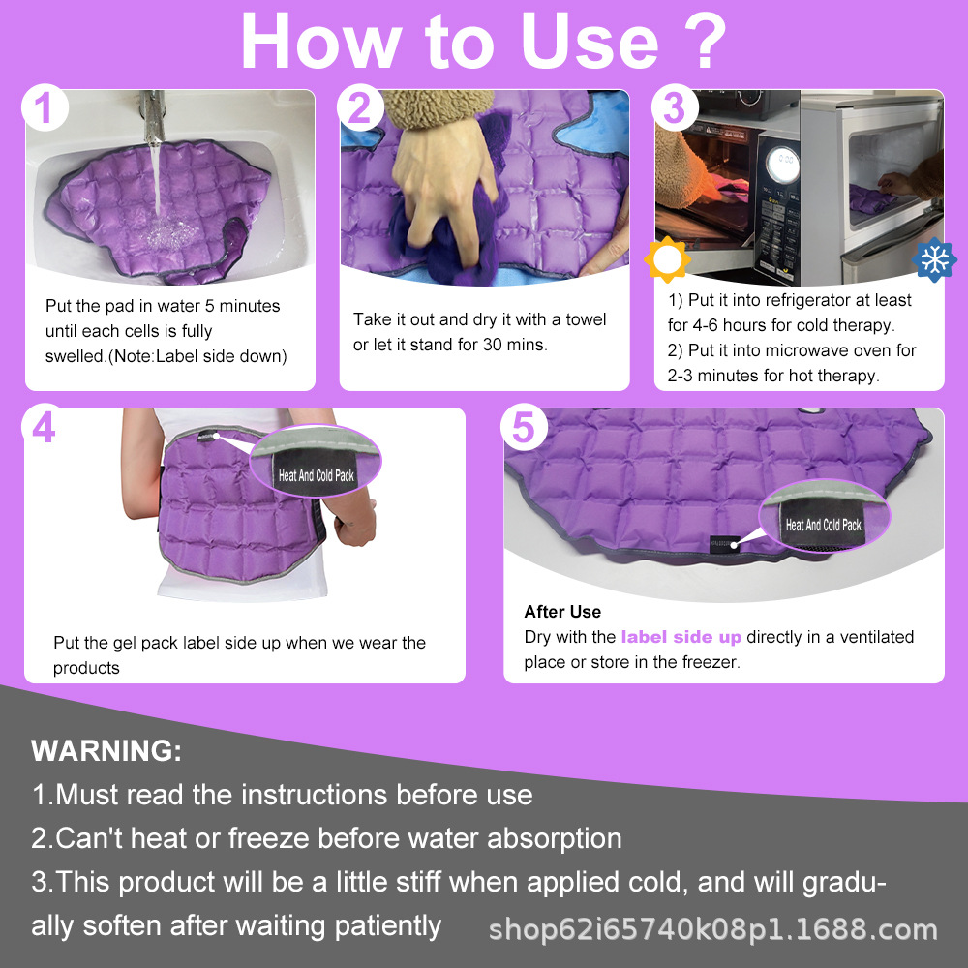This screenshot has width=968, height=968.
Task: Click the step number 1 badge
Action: [x=45, y=108]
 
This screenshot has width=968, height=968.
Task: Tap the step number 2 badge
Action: [x=359, y=108]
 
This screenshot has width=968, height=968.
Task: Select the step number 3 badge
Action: [x=674, y=108]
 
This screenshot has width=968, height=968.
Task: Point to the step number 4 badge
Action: [x=45, y=428]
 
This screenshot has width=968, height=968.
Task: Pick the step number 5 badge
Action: [x=524, y=428]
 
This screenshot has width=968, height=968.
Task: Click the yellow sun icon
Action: [x=667, y=259]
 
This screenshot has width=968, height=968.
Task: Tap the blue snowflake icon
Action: [x=934, y=259]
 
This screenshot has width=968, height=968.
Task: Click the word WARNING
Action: [x=106, y=751]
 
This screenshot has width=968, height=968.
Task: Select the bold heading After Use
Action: [x=562, y=612]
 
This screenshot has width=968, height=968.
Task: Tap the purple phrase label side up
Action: [x=681, y=637]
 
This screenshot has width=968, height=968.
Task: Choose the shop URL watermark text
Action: [x=712, y=930]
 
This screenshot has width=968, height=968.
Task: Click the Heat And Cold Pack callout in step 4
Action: [x=317, y=475]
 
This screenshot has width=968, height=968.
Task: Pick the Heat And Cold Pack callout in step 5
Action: [x=823, y=525]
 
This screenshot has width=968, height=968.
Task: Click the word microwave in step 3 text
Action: [x=821, y=350]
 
